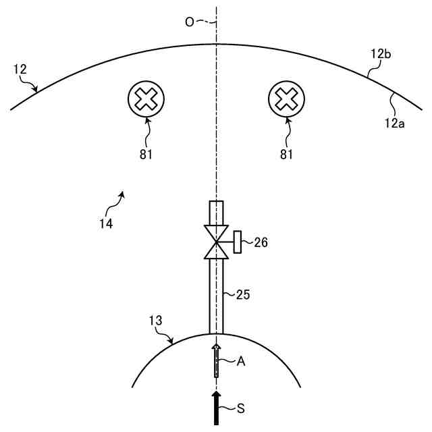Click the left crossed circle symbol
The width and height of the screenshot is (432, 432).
coord(146,101)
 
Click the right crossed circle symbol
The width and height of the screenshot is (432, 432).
coord(287,101)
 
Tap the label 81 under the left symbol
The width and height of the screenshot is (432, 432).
coord(146,155)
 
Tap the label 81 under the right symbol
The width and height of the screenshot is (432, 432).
coord(287,155)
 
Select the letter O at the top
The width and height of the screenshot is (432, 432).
coord(190,22)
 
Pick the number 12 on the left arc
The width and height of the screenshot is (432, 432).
coord(20,68)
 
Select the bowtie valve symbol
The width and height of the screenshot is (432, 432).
coord(216,242)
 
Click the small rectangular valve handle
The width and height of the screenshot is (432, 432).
coord(238,242)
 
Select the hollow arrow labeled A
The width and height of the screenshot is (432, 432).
coord(216,360)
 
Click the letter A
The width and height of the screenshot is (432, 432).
coord(240,361)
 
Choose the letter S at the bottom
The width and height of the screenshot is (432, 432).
coord(241,408)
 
